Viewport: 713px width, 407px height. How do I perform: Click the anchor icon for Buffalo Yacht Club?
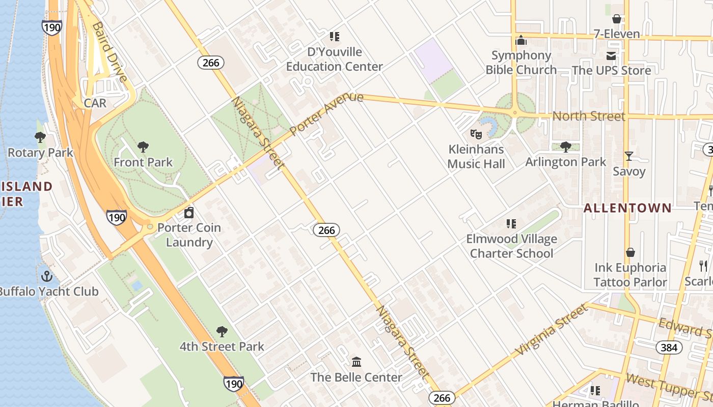(47, 276)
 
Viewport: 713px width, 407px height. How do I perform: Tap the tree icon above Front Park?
(143, 147)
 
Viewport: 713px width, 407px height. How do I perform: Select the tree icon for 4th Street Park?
(222, 332)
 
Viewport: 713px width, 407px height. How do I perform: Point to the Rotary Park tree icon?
(40, 137)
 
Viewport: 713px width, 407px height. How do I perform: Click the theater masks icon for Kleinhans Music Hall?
(476, 134)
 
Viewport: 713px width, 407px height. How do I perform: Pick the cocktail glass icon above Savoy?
(629, 156)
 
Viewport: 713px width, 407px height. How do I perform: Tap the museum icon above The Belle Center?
(356, 362)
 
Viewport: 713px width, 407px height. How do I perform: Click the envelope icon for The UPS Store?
(611, 55)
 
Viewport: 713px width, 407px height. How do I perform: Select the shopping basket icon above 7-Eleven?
(617, 19)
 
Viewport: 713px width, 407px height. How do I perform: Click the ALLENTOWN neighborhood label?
(627, 208)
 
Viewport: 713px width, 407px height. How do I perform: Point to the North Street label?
(589, 116)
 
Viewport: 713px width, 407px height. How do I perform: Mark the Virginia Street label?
(551, 331)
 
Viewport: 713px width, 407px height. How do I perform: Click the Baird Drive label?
(108, 51)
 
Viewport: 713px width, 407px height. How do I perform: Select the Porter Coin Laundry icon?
(189, 213)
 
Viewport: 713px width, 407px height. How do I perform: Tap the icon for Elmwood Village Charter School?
(511, 224)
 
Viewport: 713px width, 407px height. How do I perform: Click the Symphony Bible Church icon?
(521, 40)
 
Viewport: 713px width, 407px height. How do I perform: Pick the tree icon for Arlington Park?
(565, 147)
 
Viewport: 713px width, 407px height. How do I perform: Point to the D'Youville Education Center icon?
(334, 37)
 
